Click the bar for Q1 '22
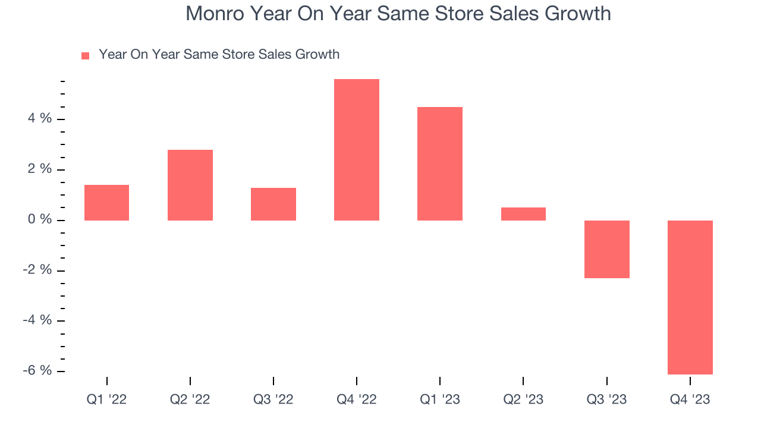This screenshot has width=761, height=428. click(107, 203)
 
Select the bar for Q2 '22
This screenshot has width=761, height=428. click(190, 185)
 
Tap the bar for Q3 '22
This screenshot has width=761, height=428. click(273, 204)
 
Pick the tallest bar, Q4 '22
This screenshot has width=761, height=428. click(357, 150)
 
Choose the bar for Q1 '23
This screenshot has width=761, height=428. click(440, 163)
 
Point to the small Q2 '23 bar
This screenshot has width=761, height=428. click(523, 214)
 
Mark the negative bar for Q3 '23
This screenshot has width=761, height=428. click(606, 249)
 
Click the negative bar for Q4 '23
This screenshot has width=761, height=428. click(690, 297)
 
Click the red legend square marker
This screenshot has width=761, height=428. click(86, 55)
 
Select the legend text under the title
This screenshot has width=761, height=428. click(219, 55)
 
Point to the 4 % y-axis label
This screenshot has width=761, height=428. click(40, 119)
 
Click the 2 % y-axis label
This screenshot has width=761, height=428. click(40, 169)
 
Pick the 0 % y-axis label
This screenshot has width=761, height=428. click(40, 220)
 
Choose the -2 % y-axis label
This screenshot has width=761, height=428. click(37, 270)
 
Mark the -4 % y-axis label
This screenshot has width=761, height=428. click(37, 320)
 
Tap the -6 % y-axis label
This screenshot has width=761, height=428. click(37, 371)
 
